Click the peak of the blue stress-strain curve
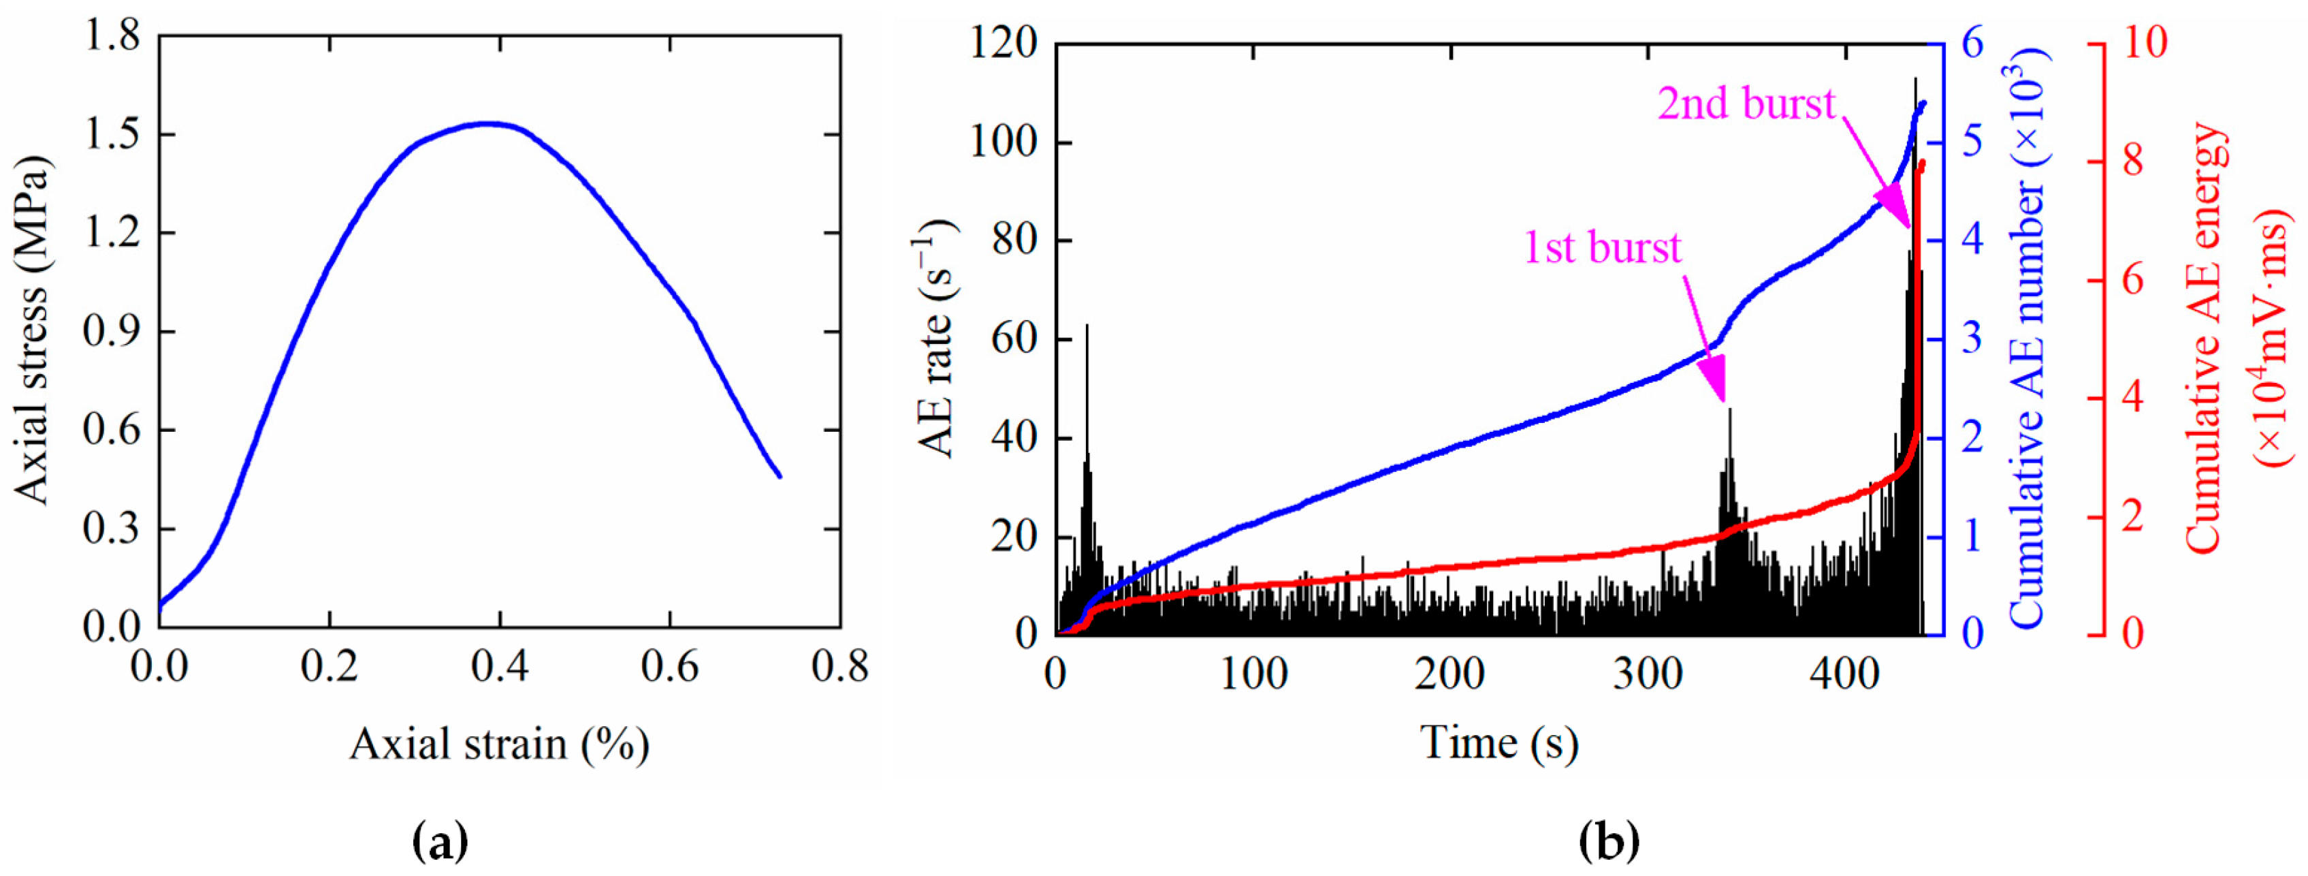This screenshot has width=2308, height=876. click(488, 123)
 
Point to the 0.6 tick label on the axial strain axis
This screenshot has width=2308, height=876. click(669, 667)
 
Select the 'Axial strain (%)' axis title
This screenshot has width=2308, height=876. click(499, 745)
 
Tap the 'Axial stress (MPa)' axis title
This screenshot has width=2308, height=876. click(34, 331)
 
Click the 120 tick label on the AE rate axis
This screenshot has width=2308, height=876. click(1004, 43)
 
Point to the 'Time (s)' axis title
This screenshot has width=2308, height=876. click(1499, 743)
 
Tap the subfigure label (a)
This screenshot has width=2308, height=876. click(440, 842)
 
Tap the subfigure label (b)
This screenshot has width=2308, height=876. click(1609, 842)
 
